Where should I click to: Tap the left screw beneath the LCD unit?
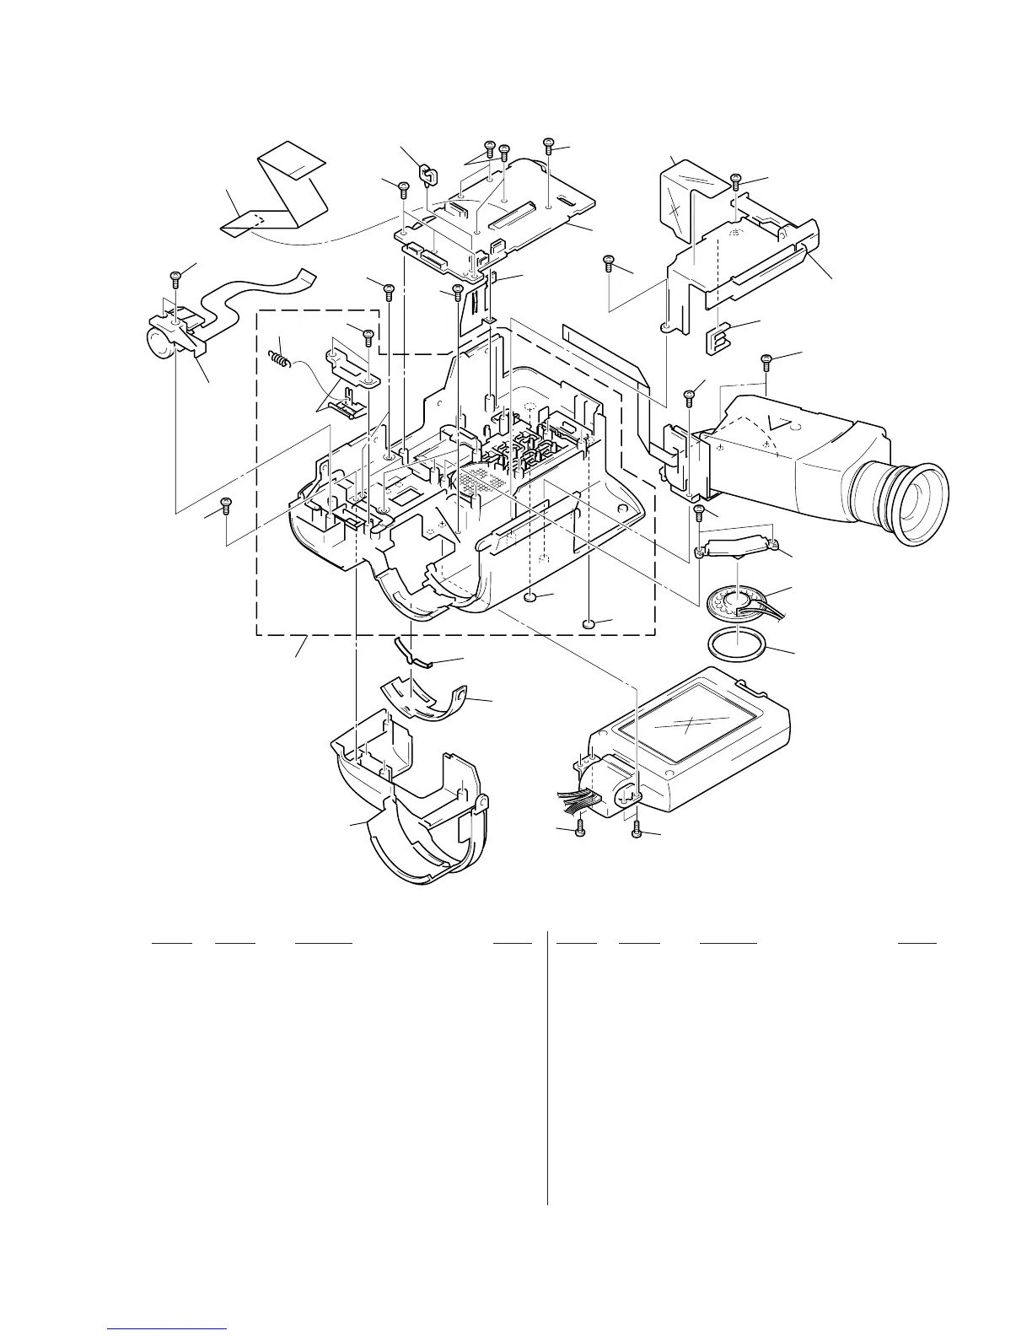pyautogui.click(x=579, y=832)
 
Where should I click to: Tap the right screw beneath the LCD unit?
pyautogui.click(x=637, y=832)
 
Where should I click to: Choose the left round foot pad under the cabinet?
pyautogui.click(x=530, y=597)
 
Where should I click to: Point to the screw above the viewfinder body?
pyautogui.click(x=766, y=360)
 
